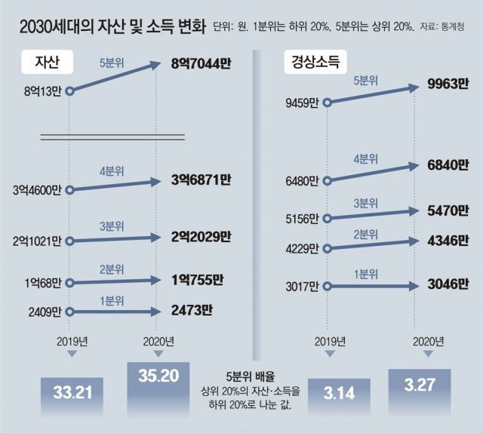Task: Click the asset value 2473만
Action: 192,309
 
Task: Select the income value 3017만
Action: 303,286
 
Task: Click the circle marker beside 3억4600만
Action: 69,190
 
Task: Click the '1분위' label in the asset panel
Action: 112,299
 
